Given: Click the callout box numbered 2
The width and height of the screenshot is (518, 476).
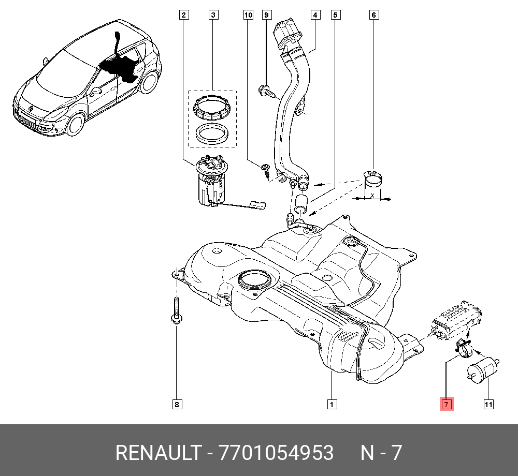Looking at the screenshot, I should (x=183, y=15).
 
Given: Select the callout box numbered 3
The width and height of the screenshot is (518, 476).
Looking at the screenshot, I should (x=213, y=15).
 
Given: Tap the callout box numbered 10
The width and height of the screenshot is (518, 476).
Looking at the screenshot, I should (x=248, y=15).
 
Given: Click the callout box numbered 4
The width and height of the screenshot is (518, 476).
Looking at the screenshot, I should (x=315, y=15).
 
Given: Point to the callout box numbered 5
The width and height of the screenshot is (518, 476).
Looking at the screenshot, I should (x=336, y=15).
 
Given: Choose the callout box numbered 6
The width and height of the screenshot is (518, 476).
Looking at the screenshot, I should (x=373, y=15).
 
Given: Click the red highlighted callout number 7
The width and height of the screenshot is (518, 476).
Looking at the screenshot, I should (x=447, y=404).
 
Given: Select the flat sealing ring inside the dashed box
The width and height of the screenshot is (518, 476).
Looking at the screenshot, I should (x=212, y=134).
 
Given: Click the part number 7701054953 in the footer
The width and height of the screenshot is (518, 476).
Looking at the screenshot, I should (x=277, y=453).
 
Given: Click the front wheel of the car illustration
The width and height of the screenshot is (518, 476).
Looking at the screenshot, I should (x=76, y=124).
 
